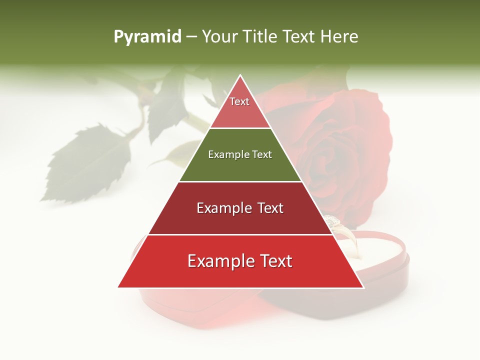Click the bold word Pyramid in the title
point(147,37)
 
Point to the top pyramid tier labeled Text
point(240,107)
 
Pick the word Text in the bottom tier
point(272,261)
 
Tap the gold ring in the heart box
point(350,240)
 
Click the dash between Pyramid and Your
point(191,37)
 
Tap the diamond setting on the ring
point(332,220)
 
